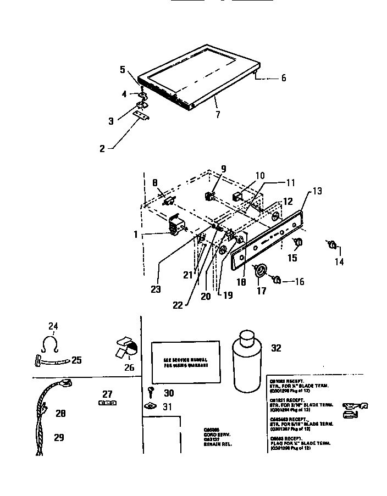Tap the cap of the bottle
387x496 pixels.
point(246,336)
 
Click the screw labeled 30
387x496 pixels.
point(151,392)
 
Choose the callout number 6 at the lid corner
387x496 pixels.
point(283,78)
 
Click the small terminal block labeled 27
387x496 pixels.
point(107,403)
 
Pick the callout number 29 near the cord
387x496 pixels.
point(58,437)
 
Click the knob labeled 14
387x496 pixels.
point(331,244)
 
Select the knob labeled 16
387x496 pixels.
point(278,280)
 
